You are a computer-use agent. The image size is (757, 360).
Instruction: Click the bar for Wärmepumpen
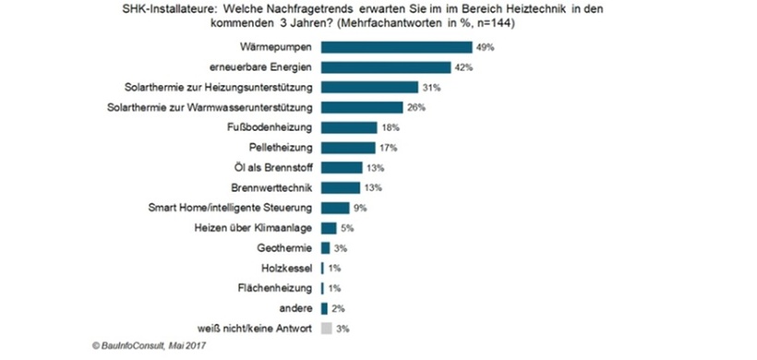click(395, 47)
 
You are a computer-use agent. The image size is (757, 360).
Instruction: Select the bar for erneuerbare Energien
click(385, 67)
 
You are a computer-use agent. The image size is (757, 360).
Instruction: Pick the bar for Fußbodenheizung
click(348, 127)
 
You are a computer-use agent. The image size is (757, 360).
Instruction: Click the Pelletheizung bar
click(347, 148)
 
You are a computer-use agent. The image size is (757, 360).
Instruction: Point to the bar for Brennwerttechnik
click(341, 187)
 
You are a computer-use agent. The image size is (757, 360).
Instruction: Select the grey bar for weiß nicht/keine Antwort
click(325, 328)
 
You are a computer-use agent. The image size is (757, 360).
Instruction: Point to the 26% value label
click(417, 108)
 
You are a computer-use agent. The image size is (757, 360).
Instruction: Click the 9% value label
click(361, 208)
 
